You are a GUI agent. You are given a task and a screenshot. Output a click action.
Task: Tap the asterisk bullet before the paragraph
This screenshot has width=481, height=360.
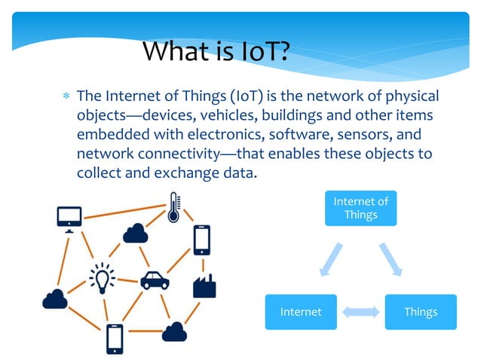click(66, 97)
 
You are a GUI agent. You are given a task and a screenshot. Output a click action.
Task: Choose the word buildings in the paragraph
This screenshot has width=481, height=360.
click(308, 116)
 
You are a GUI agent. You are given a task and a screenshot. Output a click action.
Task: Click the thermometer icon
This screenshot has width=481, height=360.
click(173, 206)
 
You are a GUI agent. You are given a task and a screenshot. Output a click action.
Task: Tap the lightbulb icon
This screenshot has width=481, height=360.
click(102, 278)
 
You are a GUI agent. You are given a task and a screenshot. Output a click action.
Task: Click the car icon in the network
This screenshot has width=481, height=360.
click(155, 280)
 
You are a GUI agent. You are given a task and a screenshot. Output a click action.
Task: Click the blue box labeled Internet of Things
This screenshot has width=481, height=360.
click(360, 208)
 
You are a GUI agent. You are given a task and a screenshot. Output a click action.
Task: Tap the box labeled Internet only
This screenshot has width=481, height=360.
click(300, 312)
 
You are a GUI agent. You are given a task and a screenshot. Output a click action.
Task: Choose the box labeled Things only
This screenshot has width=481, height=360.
click(420, 312)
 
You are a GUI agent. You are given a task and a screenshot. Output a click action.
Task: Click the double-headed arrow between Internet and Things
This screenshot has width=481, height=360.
click(360, 312)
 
